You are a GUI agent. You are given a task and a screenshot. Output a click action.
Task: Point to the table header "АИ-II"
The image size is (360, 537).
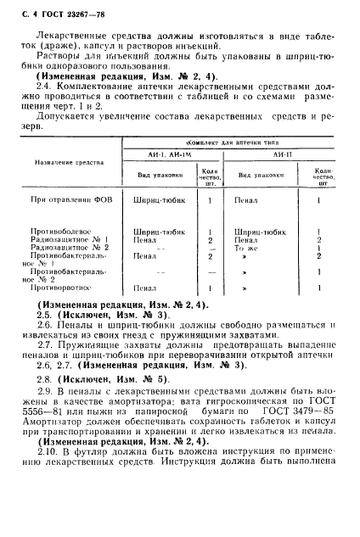[x=281, y=155]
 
